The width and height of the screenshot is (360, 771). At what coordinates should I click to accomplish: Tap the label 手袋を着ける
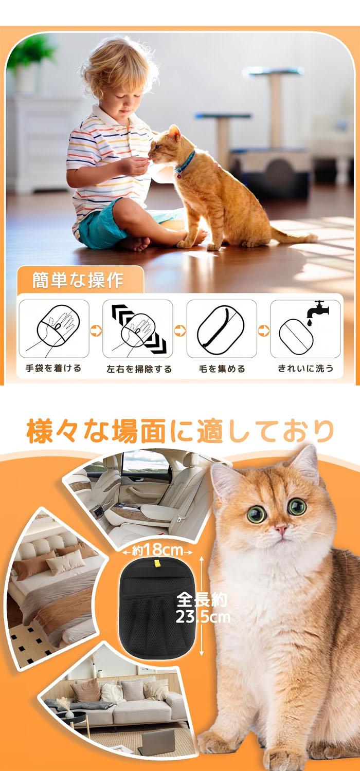(53, 369)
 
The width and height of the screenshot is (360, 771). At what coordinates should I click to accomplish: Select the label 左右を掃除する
(139, 369)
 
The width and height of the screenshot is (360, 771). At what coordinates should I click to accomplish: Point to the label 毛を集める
(222, 369)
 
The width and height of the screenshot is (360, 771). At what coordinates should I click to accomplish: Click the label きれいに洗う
(305, 369)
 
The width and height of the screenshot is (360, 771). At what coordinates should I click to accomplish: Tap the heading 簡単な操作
(78, 280)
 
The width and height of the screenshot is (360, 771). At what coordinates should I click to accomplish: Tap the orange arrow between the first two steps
(96, 331)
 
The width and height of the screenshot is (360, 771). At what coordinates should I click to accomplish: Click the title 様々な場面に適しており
(180, 431)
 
